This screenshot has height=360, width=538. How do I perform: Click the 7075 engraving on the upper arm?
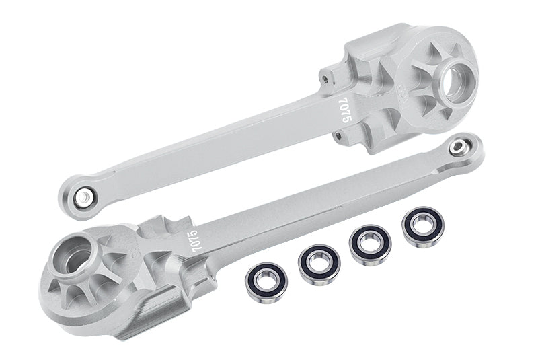345,110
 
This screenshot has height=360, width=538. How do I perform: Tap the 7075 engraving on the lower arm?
195,241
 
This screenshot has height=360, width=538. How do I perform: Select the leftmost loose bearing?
266,283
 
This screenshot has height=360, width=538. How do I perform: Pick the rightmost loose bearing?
423,227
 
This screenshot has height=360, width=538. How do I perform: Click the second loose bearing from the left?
319,265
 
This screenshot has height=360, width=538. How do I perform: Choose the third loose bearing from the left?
371,245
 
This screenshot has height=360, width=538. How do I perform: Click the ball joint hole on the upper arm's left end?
83,197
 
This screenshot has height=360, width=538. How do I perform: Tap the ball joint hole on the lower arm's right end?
457,147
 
